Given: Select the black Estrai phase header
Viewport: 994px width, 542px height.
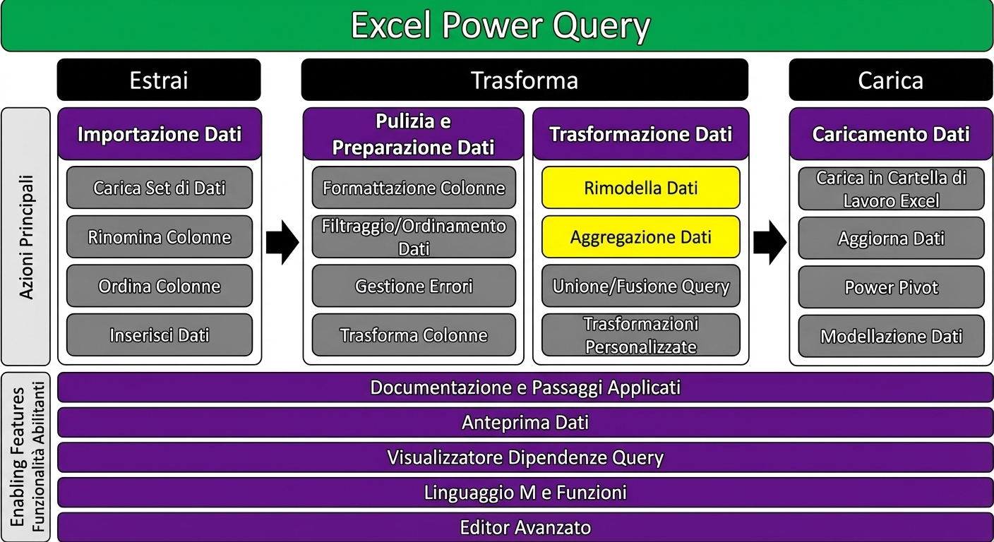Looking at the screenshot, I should [159, 80].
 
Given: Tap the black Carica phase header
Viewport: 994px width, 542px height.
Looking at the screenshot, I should [890, 80].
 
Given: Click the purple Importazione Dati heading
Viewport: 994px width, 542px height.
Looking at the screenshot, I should [159, 134].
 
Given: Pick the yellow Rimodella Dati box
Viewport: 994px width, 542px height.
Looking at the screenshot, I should [640, 188].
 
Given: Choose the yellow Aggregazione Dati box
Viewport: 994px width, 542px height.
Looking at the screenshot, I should [640, 237].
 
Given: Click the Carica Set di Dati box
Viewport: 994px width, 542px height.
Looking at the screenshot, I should [159, 188].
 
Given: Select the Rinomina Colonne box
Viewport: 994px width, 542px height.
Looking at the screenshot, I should [159, 237].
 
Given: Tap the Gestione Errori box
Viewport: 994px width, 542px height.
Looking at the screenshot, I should [414, 286].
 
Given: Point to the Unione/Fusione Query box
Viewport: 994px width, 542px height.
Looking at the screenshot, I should [640, 286].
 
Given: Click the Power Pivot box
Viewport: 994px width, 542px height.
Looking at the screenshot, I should [891, 287].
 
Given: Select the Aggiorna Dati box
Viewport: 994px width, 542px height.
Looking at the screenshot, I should [891, 239].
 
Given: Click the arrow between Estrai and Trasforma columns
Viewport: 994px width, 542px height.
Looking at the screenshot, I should [282, 242].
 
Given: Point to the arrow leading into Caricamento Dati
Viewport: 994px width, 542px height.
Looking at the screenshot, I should [770, 242].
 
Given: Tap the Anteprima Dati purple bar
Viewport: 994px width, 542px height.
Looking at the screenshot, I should [525, 422].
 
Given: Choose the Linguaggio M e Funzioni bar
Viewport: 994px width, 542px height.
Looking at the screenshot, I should [525, 492].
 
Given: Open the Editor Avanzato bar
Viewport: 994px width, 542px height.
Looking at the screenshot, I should [525, 527].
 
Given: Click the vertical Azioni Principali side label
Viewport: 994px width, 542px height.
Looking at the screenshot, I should [26, 236].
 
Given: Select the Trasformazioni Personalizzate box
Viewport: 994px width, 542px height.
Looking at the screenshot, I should [640, 335].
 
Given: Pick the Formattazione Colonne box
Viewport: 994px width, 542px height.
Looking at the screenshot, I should [414, 188].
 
